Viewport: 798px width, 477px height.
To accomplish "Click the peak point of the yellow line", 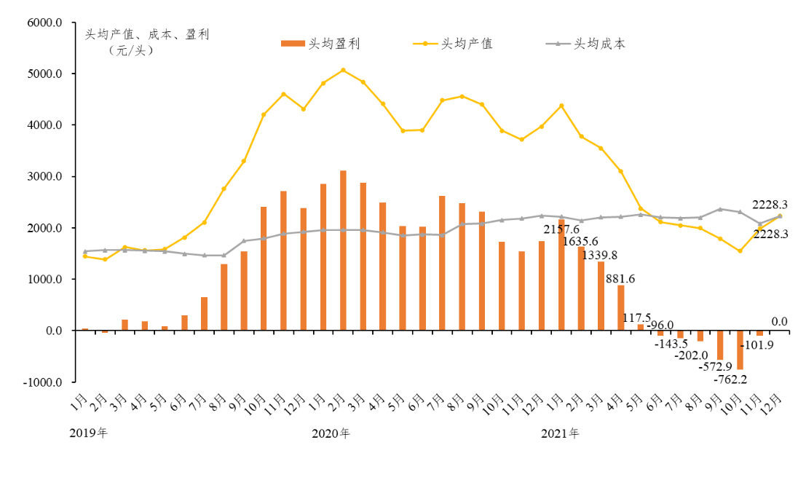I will tap(343, 70).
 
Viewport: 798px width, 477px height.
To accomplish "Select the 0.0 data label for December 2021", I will tap(779, 321).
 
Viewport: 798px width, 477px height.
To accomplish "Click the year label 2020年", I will tap(331, 433).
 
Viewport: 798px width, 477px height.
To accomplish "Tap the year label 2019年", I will tap(89, 433).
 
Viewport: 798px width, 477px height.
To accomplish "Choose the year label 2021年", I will tap(561, 433).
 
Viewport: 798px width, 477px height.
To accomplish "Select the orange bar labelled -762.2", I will tap(740, 350).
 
